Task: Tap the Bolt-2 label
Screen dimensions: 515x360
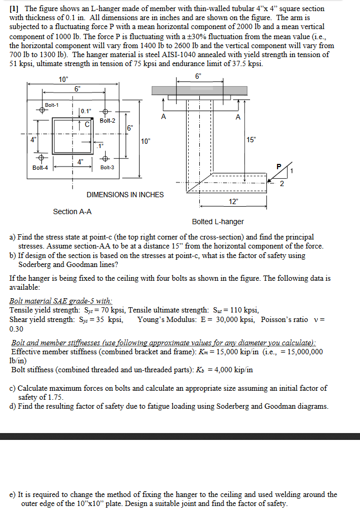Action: pos(107,121)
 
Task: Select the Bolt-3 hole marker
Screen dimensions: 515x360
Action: pos(105,159)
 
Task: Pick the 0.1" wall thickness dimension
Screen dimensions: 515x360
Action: pos(86,111)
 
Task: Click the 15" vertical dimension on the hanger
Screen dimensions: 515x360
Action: pos(251,140)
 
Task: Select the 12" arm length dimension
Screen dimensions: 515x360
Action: pos(233,202)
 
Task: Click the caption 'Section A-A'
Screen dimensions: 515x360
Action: pos(72,211)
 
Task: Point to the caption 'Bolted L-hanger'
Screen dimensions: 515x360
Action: pos(218,222)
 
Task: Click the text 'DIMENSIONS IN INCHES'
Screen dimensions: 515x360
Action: pos(125,195)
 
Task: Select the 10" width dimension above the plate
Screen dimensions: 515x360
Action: pos(63,80)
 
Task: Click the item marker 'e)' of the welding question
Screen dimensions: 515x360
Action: pos(13,495)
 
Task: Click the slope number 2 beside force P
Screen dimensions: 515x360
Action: pos(281,184)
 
